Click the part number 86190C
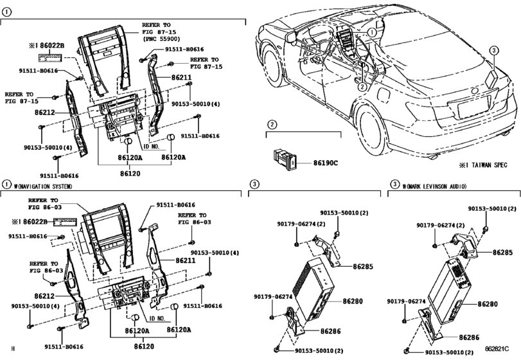pyautogui.click(x=326, y=163)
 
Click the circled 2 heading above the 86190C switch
pyautogui.click(x=272, y=123)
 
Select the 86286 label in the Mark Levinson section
pyautogui.click(x=468, y=337)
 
